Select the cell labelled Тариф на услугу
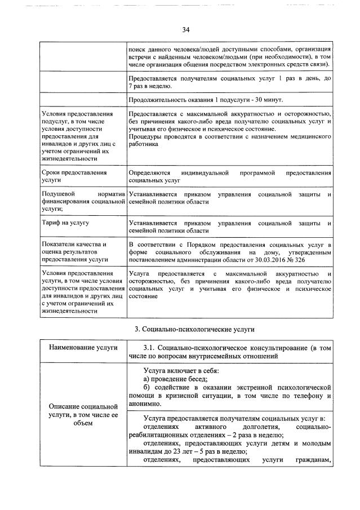point(64,223)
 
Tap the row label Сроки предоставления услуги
point(73,175)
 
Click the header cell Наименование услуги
point(83,347)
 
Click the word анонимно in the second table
point(145,403)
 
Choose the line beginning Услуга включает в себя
point(181,370)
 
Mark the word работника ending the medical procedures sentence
point(143,144)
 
